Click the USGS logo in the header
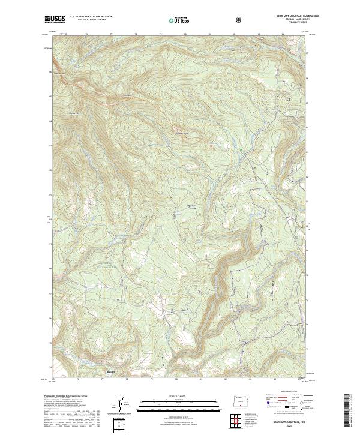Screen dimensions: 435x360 (55, 20)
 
